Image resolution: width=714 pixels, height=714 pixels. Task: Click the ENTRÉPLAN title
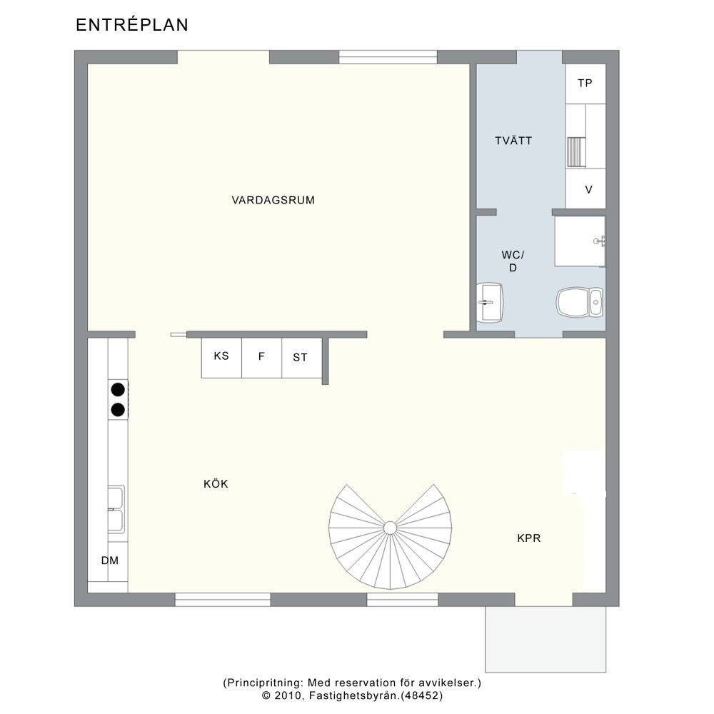tap(132, 24)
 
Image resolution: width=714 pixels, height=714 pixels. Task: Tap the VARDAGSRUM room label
tap(273, 201)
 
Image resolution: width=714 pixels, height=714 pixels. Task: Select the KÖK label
tap(216, 483)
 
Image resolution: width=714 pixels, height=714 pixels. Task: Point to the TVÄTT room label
tap(513, 141)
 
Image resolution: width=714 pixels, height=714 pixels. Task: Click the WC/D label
tap(513, 261)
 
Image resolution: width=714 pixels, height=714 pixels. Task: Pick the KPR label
tap(529, 538)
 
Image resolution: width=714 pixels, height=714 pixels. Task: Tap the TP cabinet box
tap(585, 84)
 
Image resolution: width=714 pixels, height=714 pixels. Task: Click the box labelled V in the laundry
tap(586, 189)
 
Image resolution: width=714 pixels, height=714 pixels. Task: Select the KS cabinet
tap(222, 358)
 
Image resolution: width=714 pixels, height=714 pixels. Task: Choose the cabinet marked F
tap(262, 358)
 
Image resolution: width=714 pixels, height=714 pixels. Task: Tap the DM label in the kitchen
tap(110, 560)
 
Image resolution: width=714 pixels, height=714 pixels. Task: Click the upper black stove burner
tap(118, 390)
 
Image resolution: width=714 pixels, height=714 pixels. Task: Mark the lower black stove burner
tap(118, 410)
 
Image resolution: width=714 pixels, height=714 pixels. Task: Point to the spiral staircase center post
tap(390, 528)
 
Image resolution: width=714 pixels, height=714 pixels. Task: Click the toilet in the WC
tap(580, 302)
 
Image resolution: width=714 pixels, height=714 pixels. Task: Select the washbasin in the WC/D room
tap(490, 302)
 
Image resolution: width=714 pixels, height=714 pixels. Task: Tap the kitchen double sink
tap(116, 510)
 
